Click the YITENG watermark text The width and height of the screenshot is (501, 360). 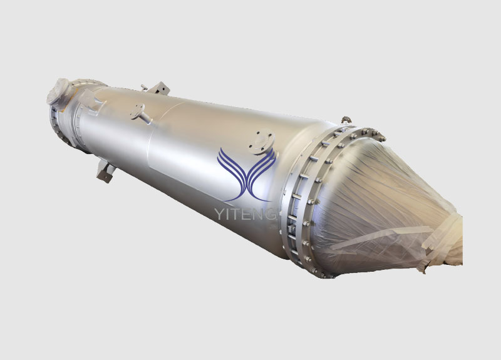(x=245, y=213)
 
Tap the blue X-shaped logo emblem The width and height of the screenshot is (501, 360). (x=246, y=175)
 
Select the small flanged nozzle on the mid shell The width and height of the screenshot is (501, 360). (x=140, y=113)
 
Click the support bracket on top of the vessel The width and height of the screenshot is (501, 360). (x=159, y=88)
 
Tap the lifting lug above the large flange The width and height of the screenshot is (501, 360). (x=346, y=120)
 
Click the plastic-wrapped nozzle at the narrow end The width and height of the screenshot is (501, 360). (x=58, y=91)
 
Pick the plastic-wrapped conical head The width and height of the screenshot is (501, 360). (x=383, y=208)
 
